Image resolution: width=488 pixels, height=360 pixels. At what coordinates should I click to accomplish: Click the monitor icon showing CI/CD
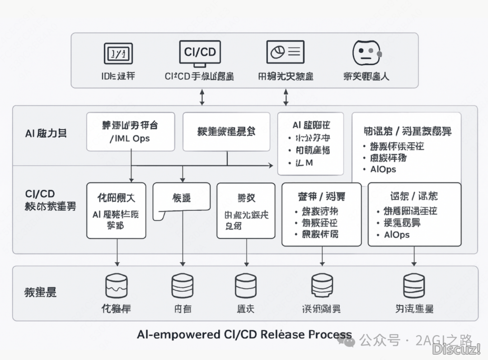200,53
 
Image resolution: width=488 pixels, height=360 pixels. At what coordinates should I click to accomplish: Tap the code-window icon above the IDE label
118,53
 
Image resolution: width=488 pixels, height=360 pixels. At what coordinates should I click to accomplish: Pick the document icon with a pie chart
285,52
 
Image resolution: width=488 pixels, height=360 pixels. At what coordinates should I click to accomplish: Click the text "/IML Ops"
130,138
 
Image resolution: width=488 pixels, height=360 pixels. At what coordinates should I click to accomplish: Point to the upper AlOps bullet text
383,169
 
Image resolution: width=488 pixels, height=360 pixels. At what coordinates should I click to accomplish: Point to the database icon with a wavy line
116,286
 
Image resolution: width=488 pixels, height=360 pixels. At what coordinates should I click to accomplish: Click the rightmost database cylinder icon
414,286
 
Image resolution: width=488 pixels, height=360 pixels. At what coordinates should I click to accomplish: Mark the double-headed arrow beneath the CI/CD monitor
202,97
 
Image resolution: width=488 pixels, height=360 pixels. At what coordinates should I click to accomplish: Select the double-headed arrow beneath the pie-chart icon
286,97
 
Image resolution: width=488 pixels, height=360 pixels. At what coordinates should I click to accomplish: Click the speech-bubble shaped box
181,201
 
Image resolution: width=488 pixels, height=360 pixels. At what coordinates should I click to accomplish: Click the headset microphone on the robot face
379,54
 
